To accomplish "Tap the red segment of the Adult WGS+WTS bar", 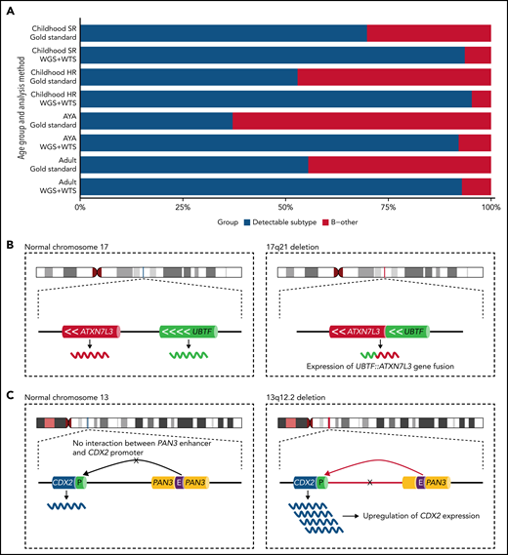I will coord(476,186).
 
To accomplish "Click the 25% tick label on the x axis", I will coord(183,207).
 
